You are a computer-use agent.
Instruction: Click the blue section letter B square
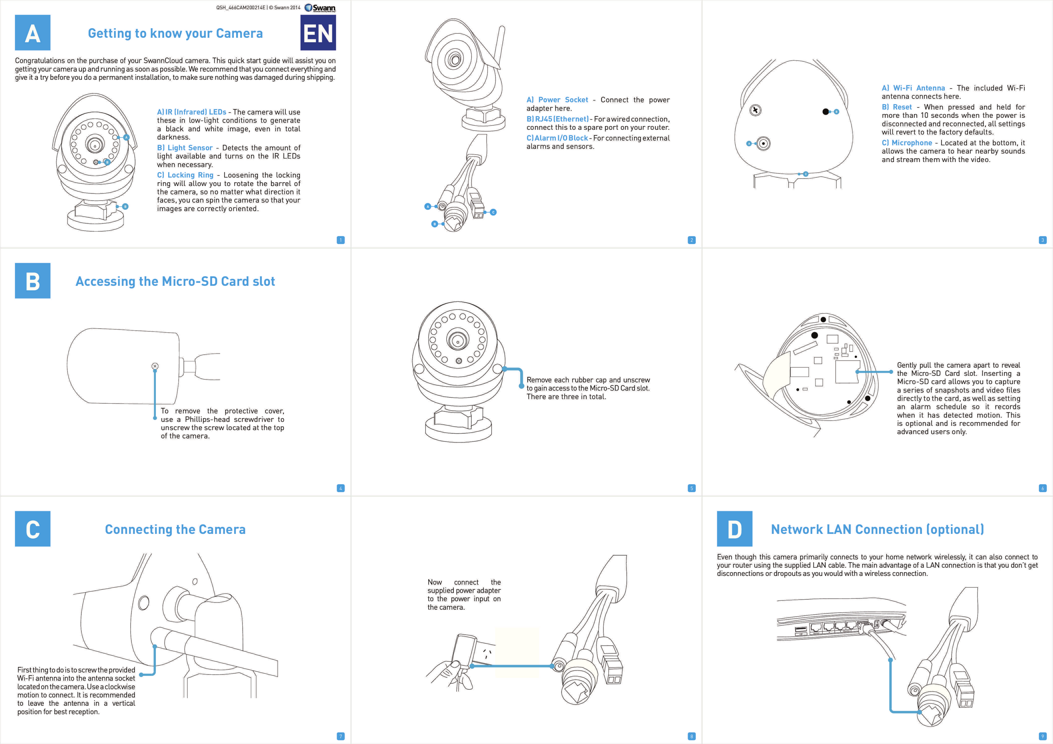(x=33, y=281)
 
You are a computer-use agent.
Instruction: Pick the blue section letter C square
(x=33, y=529)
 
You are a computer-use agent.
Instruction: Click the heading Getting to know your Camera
(x=175, y=34)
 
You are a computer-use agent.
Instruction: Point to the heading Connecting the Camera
(x=175, y=529)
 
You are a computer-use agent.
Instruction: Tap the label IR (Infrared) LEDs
(x=192, y=112)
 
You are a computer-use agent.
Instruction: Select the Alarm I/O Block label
(x=557, y=138)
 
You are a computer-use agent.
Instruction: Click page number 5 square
(x=692, y=488)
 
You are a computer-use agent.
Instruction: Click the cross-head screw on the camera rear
(x=755, y=110)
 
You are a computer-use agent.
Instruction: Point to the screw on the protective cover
(x=155, y=366)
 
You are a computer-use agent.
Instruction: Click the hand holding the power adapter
(x=447, y=674)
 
